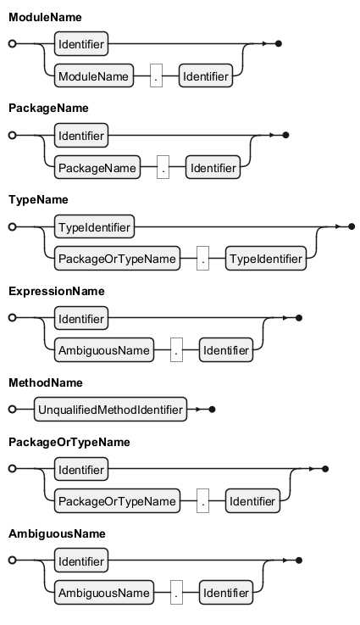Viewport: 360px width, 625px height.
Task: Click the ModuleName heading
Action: [x=45, y=17]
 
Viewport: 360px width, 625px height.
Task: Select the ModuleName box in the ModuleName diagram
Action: [x=93, y=76]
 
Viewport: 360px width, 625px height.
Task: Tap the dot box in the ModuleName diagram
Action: [x=156, y=76]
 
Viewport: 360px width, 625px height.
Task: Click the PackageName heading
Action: [x=48, y=108]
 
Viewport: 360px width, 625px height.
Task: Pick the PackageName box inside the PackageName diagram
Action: [x=97, y=167]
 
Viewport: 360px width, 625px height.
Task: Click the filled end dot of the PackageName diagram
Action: [x=285, y=135]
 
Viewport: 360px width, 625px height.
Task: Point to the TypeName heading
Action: [x=38, y=199]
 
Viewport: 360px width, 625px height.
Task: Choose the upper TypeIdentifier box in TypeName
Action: [x=94, y=226]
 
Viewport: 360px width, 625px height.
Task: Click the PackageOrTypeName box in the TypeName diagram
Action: [x=117, y=259]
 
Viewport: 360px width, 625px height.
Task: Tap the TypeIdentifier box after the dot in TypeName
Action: [x=266, y=259]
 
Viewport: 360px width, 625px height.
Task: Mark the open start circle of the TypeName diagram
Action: [x=13, y=226]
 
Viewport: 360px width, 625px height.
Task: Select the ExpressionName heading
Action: [x=57, y=291]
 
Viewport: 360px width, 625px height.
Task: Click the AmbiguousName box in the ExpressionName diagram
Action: [x=104, y=350]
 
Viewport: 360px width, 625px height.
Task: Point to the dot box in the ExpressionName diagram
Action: [x=176, y=350]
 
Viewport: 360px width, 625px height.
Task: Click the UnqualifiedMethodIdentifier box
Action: [x=111, y=410]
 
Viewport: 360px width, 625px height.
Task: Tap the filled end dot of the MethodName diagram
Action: [x=212, y=410]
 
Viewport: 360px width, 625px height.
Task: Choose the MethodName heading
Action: [x=46, y=382]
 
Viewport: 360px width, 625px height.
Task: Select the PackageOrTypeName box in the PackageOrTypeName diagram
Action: [x=117, y=501]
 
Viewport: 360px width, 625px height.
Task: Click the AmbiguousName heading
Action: [x=57, y=533]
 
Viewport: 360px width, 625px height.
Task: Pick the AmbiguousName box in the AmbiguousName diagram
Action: [x=104, y=592]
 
